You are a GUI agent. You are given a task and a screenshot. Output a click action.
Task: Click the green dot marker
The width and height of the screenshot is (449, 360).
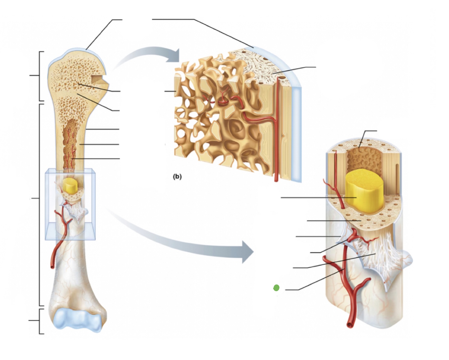276,288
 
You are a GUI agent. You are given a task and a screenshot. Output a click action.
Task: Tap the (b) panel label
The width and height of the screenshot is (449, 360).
177,176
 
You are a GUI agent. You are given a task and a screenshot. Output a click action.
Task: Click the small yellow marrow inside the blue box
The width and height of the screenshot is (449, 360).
70,186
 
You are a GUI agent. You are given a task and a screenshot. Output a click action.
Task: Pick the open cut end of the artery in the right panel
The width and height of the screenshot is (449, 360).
351,325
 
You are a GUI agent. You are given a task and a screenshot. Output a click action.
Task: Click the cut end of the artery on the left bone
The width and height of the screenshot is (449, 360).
53,267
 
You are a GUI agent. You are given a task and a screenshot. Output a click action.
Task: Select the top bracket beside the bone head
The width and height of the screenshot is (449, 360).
40,76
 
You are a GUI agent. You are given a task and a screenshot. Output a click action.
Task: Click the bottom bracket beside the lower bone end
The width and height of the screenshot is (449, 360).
40,321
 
